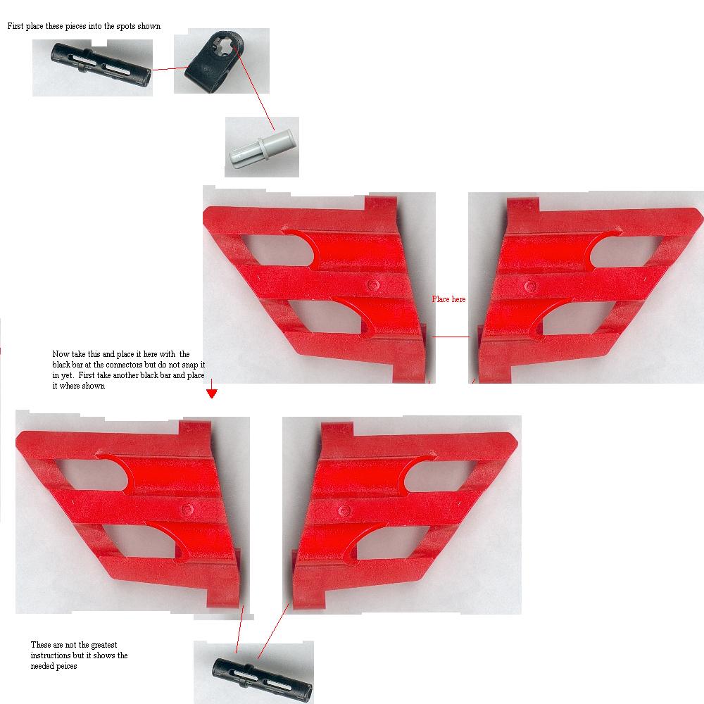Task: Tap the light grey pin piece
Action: tap(262, 148)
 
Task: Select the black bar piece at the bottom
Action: tap(262, 679)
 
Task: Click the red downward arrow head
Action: tap(212, 394)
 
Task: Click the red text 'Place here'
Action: tap(448, 299)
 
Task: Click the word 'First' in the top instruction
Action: tap(15, 26)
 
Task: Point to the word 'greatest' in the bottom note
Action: tap(104, 645)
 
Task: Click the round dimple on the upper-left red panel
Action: tap(372, 284)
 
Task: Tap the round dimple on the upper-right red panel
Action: tap(530, 287)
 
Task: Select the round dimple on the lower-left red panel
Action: tap(188, 509)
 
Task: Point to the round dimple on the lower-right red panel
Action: tap(344, 510)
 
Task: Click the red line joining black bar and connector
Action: tap(170, 69)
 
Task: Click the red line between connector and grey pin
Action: tap(254, 88)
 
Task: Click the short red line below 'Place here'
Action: tap(451, 337)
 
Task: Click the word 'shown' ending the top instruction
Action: tap(149, 26)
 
